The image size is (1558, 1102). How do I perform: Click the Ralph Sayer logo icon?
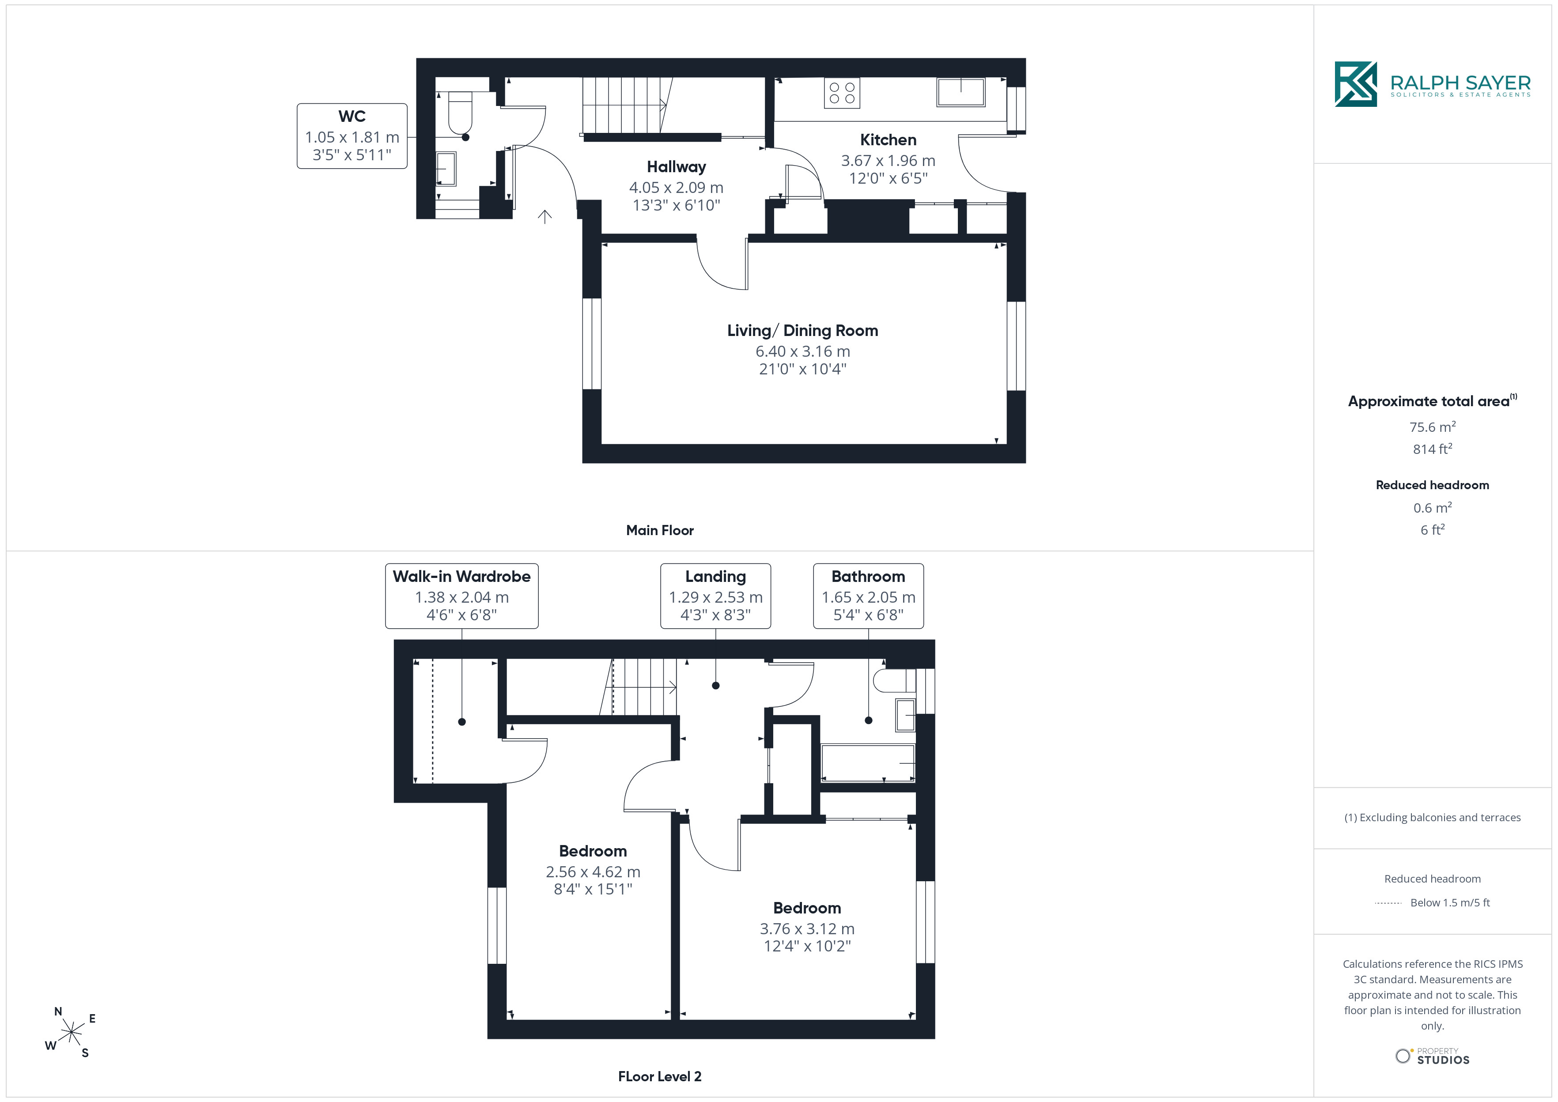pos(1356,84)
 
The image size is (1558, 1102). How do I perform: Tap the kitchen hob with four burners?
pos(842,93)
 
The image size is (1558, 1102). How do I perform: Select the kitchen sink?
pos(961,92)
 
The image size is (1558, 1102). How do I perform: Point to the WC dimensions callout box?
pos(352,136)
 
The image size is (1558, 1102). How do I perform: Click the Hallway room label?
pos(677,167)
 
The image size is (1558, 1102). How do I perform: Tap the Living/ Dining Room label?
pos(803,330)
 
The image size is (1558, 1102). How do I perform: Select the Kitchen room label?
pos(888,140)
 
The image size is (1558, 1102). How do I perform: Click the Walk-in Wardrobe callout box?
pos(462,596)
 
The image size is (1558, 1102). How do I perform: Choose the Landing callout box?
pos(716,596)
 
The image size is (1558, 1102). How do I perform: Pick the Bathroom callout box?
pos(869,596)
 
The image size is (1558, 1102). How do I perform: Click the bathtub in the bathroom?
pos(868,763)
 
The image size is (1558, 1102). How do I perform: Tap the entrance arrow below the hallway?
pos(545,216)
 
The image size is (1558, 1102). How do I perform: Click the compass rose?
pos(71,1033)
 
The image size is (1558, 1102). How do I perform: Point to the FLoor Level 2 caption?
pos(660,1076)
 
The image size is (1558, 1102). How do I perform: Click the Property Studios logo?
pos(1433,1057)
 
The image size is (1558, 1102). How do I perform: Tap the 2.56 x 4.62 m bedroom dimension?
pos(593,872)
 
